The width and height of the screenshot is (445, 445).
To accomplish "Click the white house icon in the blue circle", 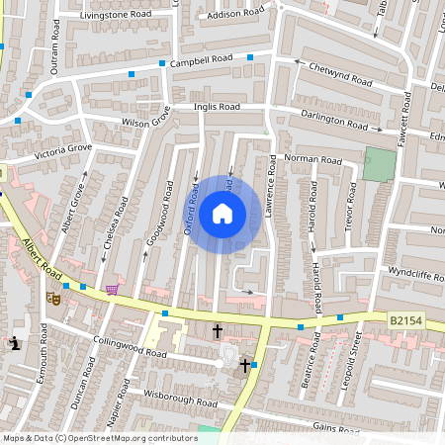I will tap(222, 214).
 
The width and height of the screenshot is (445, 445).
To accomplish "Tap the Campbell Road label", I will tap(201, 60).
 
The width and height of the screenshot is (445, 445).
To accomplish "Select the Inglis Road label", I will tap(217, 106).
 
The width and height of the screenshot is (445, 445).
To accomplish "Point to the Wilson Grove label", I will tap(145, 122).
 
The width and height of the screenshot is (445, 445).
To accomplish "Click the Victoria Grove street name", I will tap(62, 152).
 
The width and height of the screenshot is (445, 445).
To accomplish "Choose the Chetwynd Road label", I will tap(337, 70).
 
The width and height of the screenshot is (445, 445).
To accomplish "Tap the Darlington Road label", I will tap(334, 121).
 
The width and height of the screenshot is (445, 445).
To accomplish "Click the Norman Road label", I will tap(311, 159).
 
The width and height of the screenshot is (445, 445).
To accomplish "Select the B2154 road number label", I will tap(405, 319).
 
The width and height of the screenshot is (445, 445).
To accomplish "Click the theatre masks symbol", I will tap(53, 296).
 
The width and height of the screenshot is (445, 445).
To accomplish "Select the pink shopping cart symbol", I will tap(112, 289).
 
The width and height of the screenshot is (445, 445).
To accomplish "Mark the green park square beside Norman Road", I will tap(377, 163).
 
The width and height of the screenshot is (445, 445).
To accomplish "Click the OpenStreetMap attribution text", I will tap(99, 438).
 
